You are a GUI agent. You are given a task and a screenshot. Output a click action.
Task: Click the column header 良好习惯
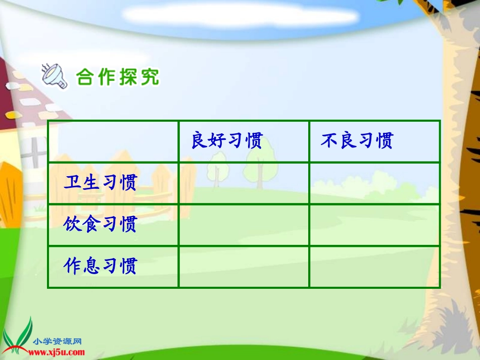tap(227, 141)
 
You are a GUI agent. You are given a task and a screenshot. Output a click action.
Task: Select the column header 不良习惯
tap(357, 141)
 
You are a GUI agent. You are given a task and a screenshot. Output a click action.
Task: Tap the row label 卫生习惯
tap(100, 182)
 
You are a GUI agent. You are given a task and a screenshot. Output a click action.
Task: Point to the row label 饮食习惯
tap(100, 224)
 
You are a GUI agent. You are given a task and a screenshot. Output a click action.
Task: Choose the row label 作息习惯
tap(100, 266)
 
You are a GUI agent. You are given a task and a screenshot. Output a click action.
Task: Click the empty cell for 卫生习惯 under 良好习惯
tap(244, 183)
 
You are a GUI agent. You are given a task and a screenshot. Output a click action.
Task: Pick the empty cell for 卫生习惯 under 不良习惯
tap(374, 183)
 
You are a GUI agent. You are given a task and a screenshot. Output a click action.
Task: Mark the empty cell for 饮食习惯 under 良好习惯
tap(244, 225)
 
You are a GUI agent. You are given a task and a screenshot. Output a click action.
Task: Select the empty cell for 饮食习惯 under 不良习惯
tap(374, 225)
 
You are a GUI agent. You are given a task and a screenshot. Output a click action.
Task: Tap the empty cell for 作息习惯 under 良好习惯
tap(244, 267)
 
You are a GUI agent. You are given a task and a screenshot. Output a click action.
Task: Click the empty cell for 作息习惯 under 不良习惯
tap(374, 267)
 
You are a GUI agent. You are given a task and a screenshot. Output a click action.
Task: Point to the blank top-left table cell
tap(113, 141)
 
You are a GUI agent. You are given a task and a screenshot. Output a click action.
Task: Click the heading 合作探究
tap(117, 77)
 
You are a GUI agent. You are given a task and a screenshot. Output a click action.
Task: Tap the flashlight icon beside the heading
tap(55, 76)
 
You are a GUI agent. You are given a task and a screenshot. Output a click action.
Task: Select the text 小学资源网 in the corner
tap(58, 341)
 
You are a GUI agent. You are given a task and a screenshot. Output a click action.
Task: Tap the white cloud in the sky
tap(240, 16)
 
